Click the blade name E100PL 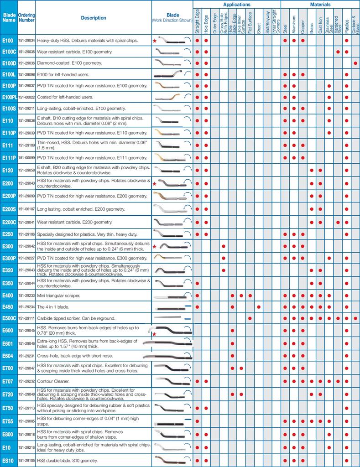[9, 97]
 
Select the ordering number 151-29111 [26, 318]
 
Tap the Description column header [94, 18]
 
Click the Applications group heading [236, 4]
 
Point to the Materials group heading [320, 4]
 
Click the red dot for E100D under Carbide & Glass [355, 63]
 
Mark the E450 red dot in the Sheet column [258, 307]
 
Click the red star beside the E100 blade [155, 41]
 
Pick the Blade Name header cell [9, 18]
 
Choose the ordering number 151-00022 [26, 97]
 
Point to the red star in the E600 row [155, 334]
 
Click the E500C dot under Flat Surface [250, 318]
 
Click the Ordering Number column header [27, 18]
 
